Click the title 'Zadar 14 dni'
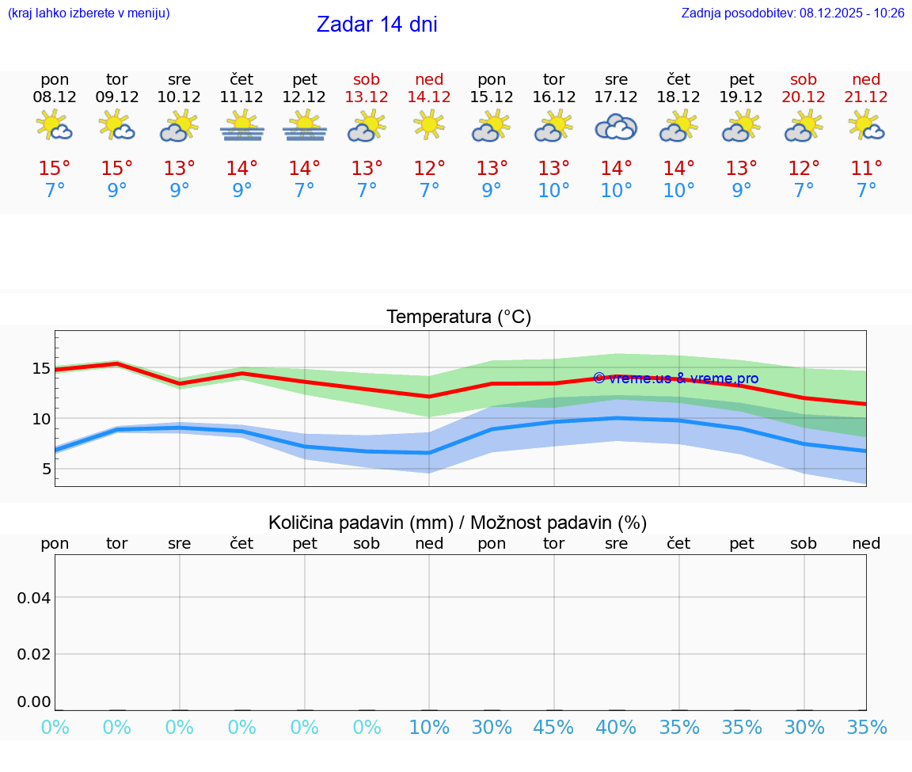pyautogui.click(x=377, y=25)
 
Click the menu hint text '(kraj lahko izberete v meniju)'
pyautogui.click(x=89, y=13)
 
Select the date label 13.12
pyautogui.click(x=367, y=97)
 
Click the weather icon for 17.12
pyautogui.click(x=616, y=127)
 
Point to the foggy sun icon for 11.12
pyautogui.click(x=242, y=127)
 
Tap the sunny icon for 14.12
pyautogui.click(x=429, y=124)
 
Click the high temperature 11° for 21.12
pyautogui.click(x=866, y=169)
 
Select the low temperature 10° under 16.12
pyautogui.click(x=553, y=191)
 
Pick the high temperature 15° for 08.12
pyautogui.click(x=55, y=169)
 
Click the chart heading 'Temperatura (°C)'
pyautogui.click(x=458, y=318)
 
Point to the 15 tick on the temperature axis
pyautogui.click(x=41, y=368)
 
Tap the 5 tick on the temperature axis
pyautogui.click(x=46, y=470)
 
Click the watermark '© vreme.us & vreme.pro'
pyautogui.click(x=675, y=378)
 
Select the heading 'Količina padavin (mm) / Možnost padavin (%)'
pyautogui.click(x=458, y=523)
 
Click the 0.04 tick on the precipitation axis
pyautogui.click(x=34, y=598)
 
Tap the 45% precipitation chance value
pyautogui.click(x=553, y=728)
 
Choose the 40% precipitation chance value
pyautogui.click(x=616, y=728)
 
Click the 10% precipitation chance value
pyautogui.click(x=429, y=728)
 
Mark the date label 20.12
pyautogui.click(x=804, y=97)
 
